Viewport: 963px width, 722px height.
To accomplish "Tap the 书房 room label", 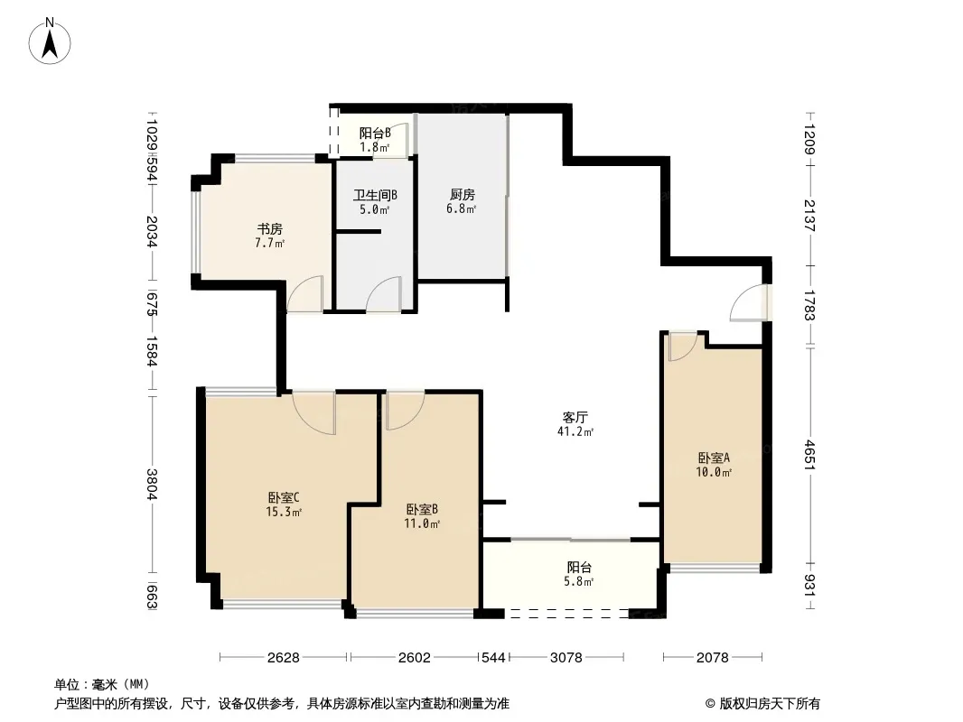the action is pos(269,229).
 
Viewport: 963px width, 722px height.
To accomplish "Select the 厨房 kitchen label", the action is pos(462,195).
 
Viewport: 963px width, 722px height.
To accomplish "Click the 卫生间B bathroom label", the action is pos(375,196).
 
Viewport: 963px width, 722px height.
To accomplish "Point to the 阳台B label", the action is pos(375,133).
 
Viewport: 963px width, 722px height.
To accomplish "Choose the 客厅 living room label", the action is pos(575,418).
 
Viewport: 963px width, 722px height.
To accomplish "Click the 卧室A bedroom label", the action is pos(714,458).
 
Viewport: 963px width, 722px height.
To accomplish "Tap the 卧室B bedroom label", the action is pos(422,510).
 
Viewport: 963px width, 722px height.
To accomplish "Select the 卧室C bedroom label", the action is pos(283,497).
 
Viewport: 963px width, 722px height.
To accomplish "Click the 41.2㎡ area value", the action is pos(575,432).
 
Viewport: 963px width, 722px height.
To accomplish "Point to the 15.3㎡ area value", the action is pos(283,512).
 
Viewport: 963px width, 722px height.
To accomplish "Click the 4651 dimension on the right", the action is pos(810,455).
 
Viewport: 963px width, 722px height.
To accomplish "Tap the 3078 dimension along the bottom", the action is pos(566,658).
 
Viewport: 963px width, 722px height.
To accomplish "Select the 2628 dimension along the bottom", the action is pos(283,658).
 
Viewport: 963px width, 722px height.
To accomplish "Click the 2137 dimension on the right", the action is pos(810,216).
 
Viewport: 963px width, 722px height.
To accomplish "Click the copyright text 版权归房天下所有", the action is pos(770,704).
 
